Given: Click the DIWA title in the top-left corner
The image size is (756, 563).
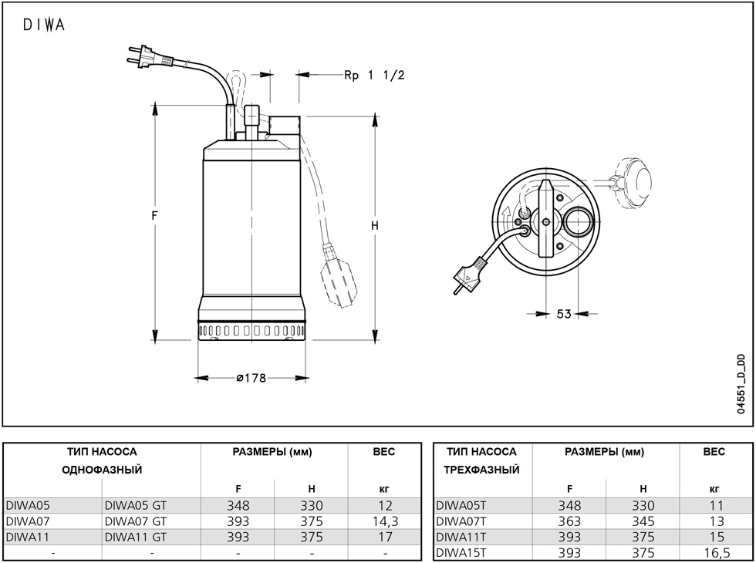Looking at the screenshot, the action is point(44,25).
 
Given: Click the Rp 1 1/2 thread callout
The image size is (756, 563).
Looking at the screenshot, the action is point(374,76).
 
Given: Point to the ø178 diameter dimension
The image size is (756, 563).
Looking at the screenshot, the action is point(251,378).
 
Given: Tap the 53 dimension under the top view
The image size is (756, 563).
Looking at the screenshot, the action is point(564,314).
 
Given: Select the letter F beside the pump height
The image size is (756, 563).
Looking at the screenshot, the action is point(154,215).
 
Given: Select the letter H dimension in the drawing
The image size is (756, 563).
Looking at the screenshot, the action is point(375,225).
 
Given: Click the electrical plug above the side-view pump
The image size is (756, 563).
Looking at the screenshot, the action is point(150,56).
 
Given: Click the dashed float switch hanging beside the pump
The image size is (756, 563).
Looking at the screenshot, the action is point(339,277).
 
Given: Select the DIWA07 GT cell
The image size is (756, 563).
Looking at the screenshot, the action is point(136,521).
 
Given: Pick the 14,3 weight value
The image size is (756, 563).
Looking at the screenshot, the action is point(385,521).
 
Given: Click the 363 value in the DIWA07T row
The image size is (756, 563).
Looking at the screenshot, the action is point(569,521).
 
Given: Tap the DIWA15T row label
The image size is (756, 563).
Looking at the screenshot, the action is point(461,552).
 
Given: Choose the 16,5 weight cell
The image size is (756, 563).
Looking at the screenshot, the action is point(717,553).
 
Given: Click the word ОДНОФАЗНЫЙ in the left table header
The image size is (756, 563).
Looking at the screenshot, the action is point(102,470).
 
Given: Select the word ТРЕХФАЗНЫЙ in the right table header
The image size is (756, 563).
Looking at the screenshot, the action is point(481,470).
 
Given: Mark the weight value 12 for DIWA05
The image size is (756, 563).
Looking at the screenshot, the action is point(385,506).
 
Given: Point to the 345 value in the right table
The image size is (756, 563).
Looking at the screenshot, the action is point(643,521).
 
